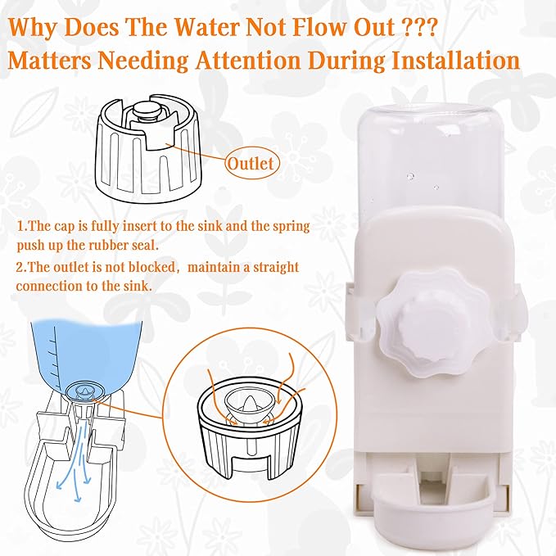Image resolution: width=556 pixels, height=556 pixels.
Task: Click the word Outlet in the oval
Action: [250, 164]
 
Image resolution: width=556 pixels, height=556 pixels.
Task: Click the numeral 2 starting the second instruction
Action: [20, 268]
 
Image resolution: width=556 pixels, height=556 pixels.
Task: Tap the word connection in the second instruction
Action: [54, 287]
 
